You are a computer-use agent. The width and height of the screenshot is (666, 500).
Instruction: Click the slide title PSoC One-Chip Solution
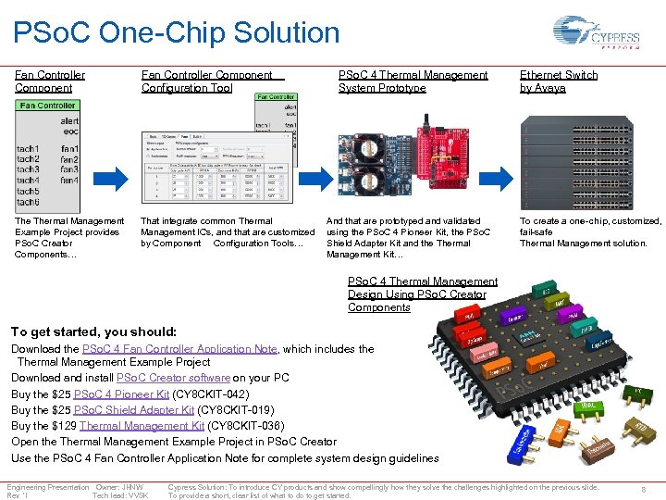pyautogui.click(x=176, y=33)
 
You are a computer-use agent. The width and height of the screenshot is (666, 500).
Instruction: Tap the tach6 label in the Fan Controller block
pyautogui.click(x=29, y=202)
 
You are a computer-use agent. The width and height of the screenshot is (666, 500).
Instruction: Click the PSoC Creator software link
pyautogui.click(x=173, y=378)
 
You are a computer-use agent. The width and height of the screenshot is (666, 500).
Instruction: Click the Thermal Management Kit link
pyautogui.click(x=142, y=426)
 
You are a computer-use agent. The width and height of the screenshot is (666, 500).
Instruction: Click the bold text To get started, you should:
pyautogui.click(x=93, y=331)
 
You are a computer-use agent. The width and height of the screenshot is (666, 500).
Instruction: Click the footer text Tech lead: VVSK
pyautogui.click(x=119, y=495)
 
